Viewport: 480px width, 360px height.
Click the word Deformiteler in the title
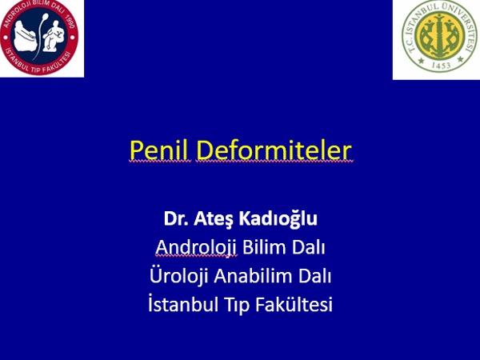274,150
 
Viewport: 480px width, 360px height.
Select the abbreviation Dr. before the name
176,218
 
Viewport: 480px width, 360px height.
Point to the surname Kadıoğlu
278,219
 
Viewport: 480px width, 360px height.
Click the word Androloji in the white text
196,248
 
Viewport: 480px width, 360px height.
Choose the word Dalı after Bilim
308,247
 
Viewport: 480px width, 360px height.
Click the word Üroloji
179,276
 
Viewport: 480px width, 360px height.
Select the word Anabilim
253,276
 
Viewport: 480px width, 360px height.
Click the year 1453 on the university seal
441,66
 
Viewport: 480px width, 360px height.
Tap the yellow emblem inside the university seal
440,36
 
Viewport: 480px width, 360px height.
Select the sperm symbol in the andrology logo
42,35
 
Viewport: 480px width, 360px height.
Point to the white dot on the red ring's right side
72,38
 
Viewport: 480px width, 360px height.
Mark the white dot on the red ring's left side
6,38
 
